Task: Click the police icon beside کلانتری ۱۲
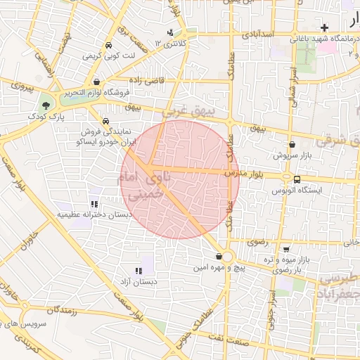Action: click(x=170, y=32)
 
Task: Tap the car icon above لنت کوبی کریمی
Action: click(x=108, y=45)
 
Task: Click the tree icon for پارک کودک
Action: click(x=46, y=105)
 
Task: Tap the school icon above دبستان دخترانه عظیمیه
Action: click(x=93, y=204)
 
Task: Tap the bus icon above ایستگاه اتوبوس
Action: click(x=297, y=179)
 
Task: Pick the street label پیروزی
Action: click(x=21, y=88)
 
